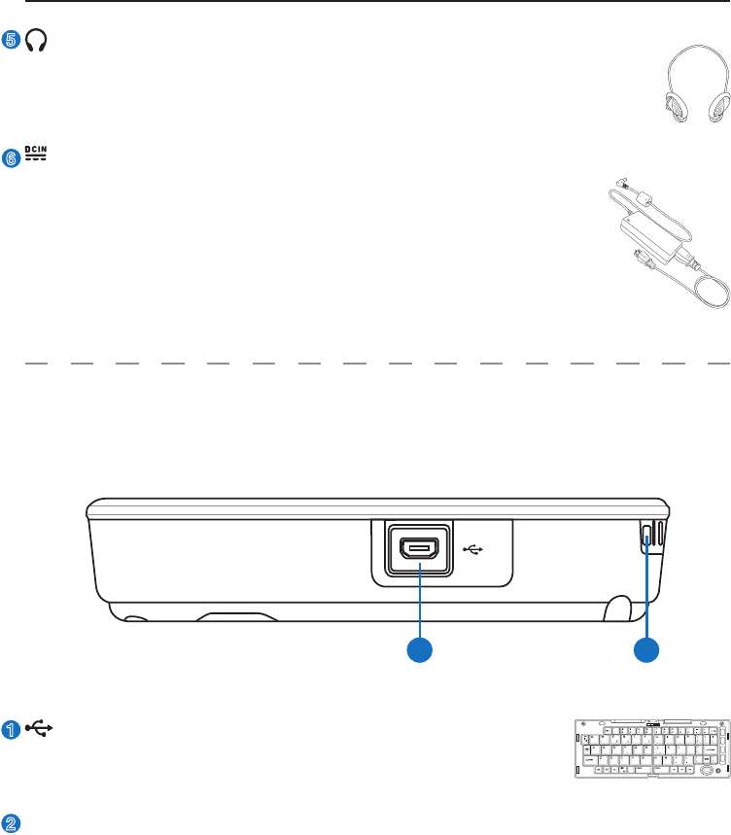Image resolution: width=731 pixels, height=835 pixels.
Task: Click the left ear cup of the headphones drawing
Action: click(x=676, y=105)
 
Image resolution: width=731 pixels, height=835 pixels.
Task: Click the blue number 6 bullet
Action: click(x=12, y=159)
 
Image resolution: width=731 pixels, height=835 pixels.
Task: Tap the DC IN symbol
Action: click(x=36, y=154)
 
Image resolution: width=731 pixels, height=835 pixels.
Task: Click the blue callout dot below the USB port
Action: click(x=420, y=652)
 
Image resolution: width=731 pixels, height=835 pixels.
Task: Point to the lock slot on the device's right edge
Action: click(x=647, y=539)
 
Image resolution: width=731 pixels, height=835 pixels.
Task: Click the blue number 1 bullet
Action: click(x=12, y=730)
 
